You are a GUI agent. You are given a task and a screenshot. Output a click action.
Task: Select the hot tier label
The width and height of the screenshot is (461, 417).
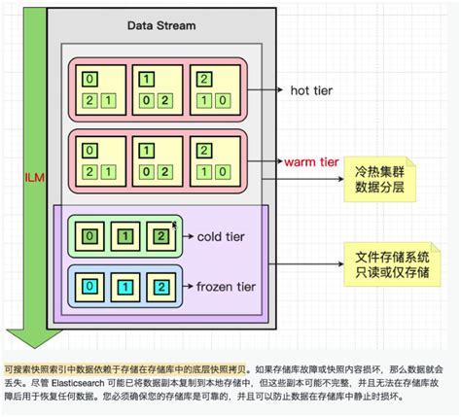click(312, 90)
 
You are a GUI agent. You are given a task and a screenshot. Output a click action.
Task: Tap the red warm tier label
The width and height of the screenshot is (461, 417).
click(312, 159)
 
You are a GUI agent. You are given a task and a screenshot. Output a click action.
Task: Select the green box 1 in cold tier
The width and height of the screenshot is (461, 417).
click(124, 236)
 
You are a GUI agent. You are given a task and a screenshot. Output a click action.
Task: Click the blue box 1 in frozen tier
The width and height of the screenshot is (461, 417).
click(124, 288)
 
